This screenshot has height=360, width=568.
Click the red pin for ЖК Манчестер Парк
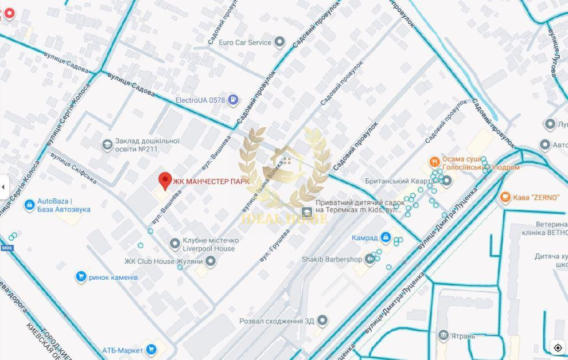pos(165,181)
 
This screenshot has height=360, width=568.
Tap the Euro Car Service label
pos(244,42)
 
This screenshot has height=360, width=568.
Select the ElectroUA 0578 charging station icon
pos(233,100)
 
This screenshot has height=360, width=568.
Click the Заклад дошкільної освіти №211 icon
pos(107,145)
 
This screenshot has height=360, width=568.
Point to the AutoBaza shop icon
pos(29,205)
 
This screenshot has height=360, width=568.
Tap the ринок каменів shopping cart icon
pos(81,277)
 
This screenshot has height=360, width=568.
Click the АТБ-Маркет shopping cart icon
pos(151,349)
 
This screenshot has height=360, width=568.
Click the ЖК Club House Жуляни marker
pos(211,261)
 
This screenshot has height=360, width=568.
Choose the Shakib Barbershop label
pos(332,259)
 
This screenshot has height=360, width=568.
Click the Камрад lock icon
pos(386,237)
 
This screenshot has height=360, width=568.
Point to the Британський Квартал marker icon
pos(447,181)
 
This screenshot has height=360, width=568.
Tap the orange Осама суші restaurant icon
pos(434,162)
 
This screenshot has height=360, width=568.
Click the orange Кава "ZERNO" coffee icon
pos(505,197)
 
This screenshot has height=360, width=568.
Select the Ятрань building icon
pos(443,335)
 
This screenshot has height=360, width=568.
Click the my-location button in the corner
pos(557,348)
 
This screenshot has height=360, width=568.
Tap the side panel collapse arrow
pos(4,187)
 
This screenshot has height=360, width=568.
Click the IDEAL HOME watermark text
pos(284,219)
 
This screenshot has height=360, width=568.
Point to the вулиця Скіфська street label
pos(73,168)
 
